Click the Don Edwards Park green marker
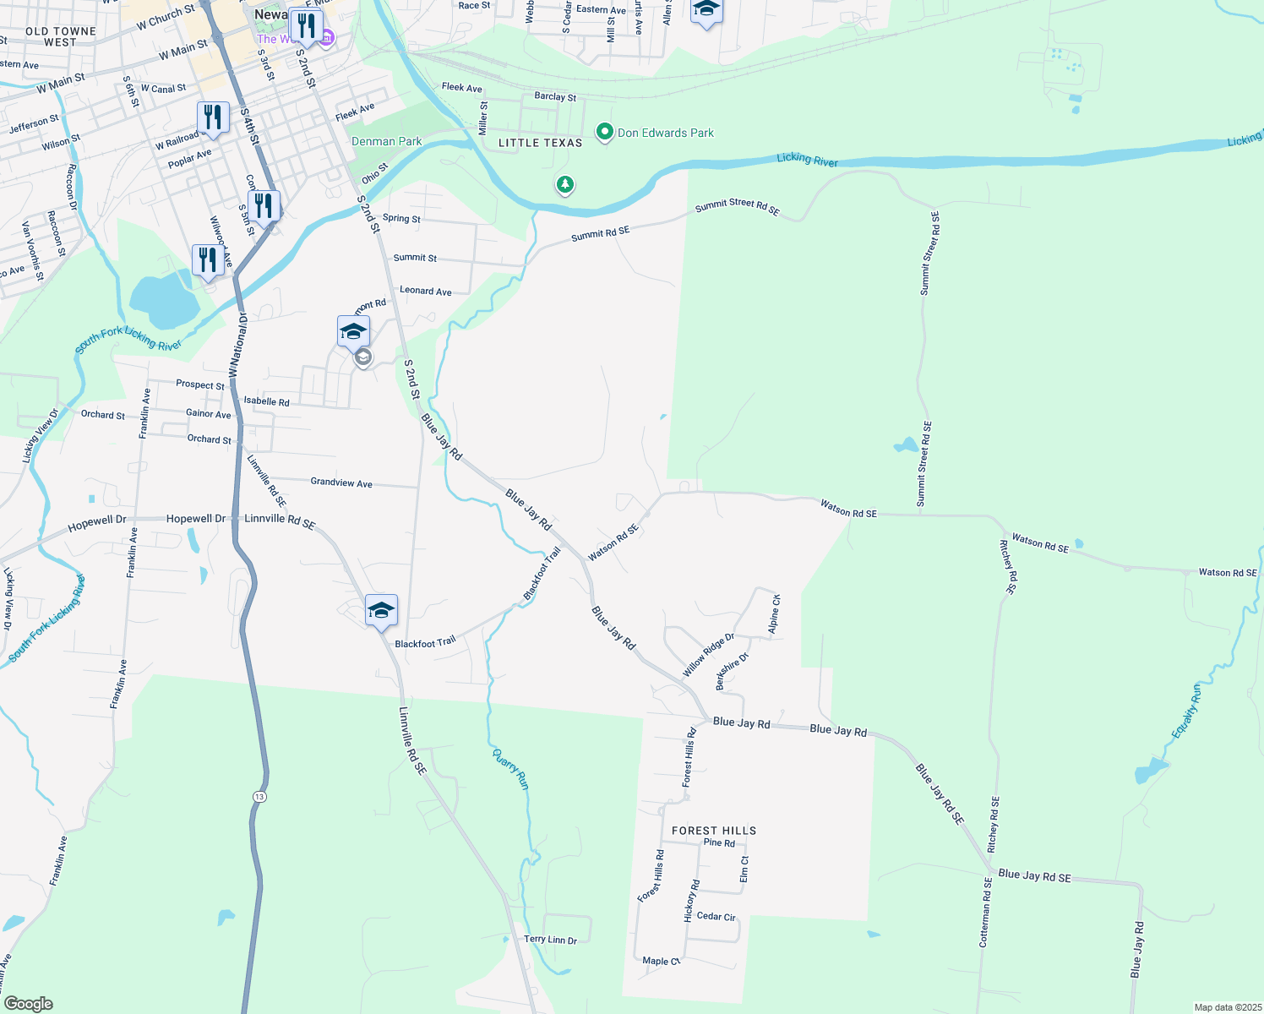click(604, 133)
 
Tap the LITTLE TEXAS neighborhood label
click(540, 143)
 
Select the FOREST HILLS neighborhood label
click(714, 831)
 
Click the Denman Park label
click(386, 141)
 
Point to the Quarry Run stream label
click(511, 769)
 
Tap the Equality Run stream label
click(1187, 711)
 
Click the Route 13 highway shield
click(259, 797)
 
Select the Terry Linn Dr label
click(550, 940)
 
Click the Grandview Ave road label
click(341, 482)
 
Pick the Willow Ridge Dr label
click(708, 655)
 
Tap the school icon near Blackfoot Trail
click(381, 610)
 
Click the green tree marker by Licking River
click(564, 184)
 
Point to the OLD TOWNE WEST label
click(60, 36)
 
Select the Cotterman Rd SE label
click(985, 913)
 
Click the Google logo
click(28, 1004)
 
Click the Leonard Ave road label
click(425, 291)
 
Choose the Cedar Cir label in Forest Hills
click(716, 917)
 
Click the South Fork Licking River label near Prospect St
click(128, 339)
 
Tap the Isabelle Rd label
click(266, 401)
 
